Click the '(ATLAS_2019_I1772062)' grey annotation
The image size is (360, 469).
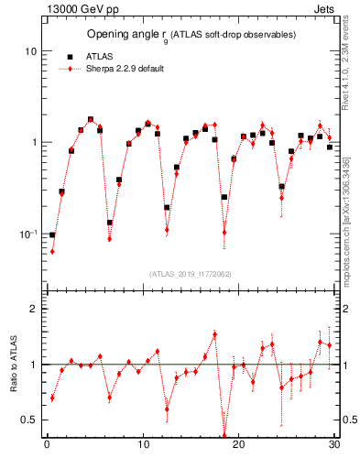pos(191,273)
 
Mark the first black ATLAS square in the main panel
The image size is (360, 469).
pos(52,235)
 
